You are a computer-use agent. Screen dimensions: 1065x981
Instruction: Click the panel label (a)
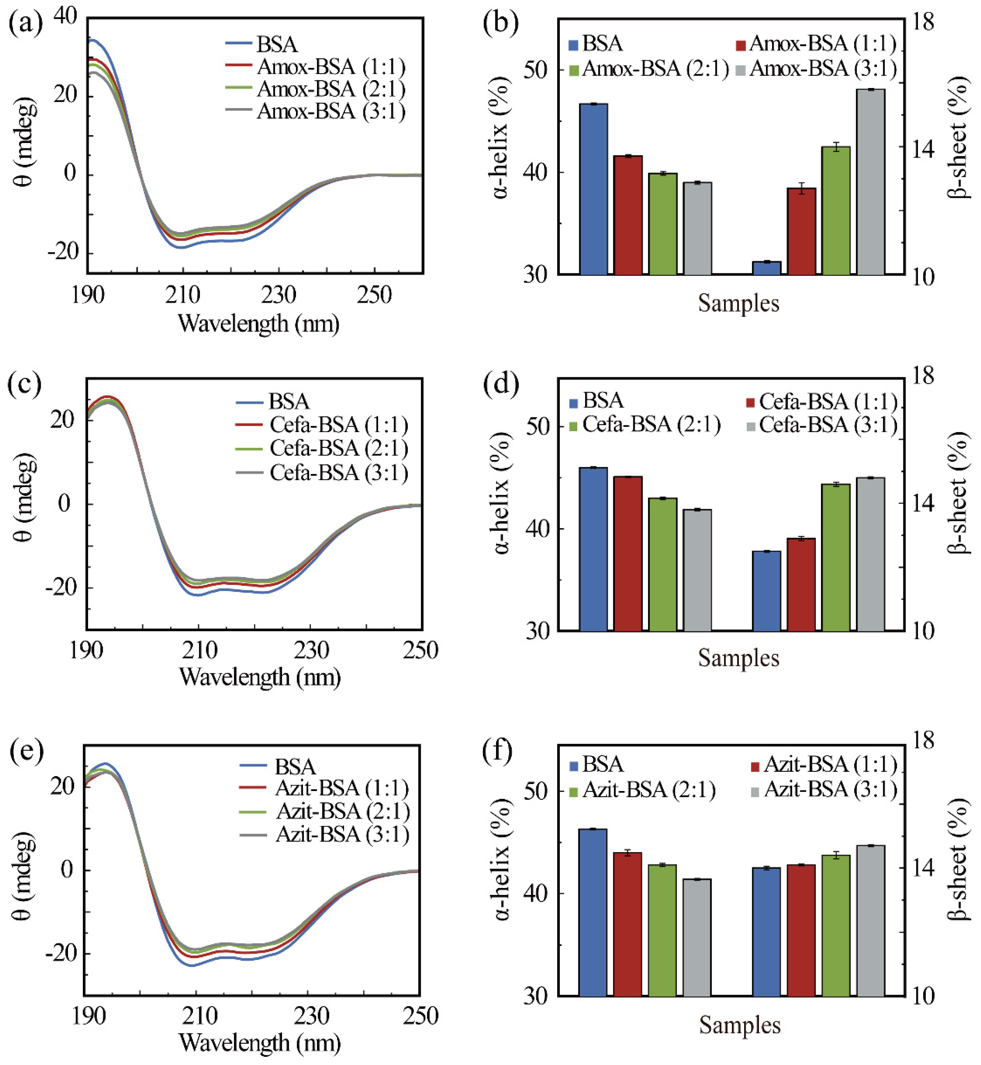coord(25,24)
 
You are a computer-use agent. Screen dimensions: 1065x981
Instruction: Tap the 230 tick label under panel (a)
coord(278,295)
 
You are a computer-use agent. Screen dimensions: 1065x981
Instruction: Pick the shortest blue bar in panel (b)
coord(766,268)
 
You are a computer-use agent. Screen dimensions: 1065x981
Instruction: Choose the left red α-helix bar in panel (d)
coord(627,553)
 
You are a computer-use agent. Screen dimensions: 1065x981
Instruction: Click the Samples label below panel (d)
coord(739,658)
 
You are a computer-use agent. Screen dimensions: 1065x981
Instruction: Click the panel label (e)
coord(25,751)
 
